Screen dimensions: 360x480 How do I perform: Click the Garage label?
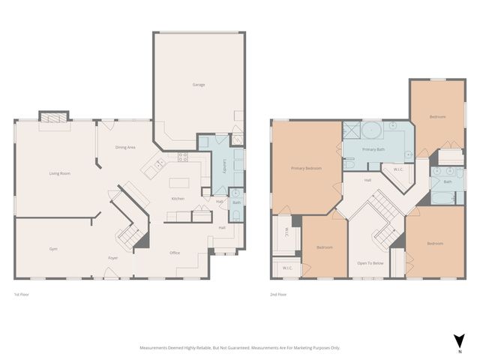click(x=199, y=85)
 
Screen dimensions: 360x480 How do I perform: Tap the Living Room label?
click(x=60, y=173)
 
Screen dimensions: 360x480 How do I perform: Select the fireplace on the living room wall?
click(x=53, y=119)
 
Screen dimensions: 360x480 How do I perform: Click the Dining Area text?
click(x=125, y=148)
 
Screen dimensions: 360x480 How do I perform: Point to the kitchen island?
click(x=179, y=183)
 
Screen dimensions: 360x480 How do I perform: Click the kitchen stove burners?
click(x=181, y=157)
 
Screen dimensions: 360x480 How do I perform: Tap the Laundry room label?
click(x=224, y=166)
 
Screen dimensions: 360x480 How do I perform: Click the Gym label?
click(x=54, y=249)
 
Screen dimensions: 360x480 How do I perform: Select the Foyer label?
click(x=112, y=258)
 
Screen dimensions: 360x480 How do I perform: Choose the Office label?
click(x=175, y=253)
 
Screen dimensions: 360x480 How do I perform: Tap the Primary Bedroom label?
click(x=306, y=168)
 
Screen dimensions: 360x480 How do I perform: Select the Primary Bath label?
click(x=373, y=150)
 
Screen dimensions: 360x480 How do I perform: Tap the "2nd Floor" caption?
click(x=278, y=294)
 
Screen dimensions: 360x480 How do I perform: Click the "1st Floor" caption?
click(x=22, y=294)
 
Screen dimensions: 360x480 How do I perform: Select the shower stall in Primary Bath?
click(x=350, y=131)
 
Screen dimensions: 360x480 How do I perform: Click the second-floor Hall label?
click(x=368, y=181)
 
